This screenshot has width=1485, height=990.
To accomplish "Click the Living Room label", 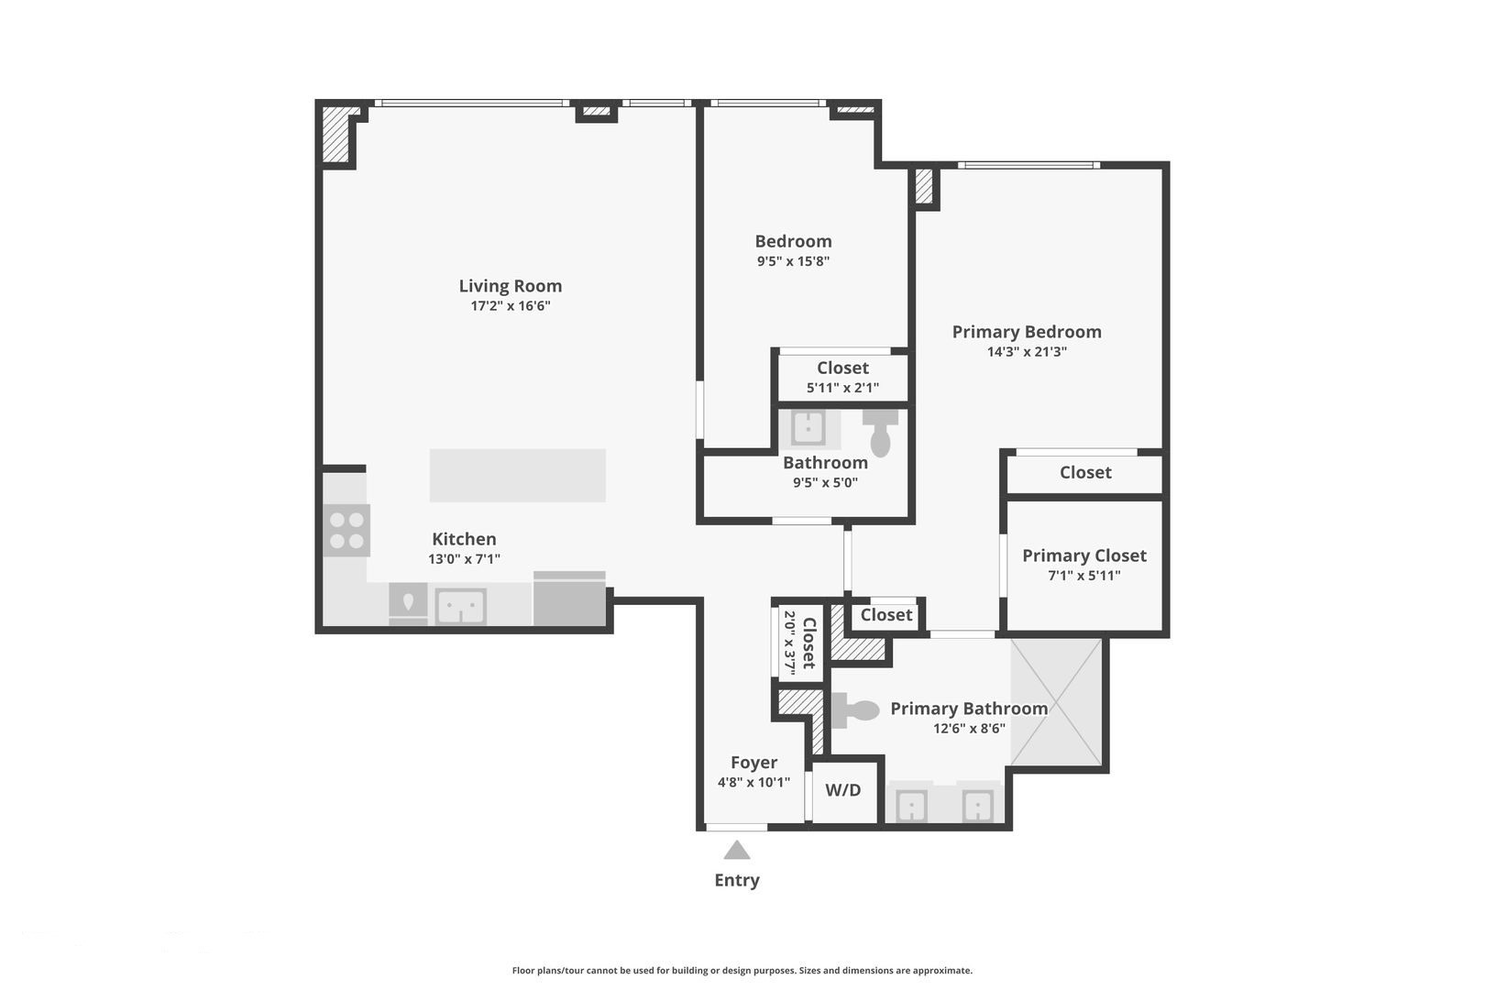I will click(510, 286).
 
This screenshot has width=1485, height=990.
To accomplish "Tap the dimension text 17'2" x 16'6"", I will click(510, 306).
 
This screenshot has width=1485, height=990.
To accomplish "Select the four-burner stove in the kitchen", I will click(346, 531).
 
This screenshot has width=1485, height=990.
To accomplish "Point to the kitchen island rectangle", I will click(517, 475).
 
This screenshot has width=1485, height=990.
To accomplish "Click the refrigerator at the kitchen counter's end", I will click(569, 600).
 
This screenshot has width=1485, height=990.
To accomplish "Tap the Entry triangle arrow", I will click(737, 852).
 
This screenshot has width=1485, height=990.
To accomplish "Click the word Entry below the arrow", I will click(737, 880).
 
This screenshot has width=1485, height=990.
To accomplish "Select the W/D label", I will click(843, 790).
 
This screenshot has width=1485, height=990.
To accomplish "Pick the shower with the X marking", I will click(1056, 702).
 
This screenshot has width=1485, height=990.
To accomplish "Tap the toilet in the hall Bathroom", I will click(881, 434).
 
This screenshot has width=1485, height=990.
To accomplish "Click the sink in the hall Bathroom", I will click(808, 428).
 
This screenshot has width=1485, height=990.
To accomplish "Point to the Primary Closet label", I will click(1084, 555).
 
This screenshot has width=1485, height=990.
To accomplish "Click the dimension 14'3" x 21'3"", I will click(1027, 352).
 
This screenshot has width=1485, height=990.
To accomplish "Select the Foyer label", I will click(753, 763).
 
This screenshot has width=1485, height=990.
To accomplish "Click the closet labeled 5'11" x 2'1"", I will click(842, 377).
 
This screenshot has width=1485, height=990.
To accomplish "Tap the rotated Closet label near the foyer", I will click(809, 643).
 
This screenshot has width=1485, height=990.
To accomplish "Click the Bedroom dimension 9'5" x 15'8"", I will click(793, 261).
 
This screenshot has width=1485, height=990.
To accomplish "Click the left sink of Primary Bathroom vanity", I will click(911, 807).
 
